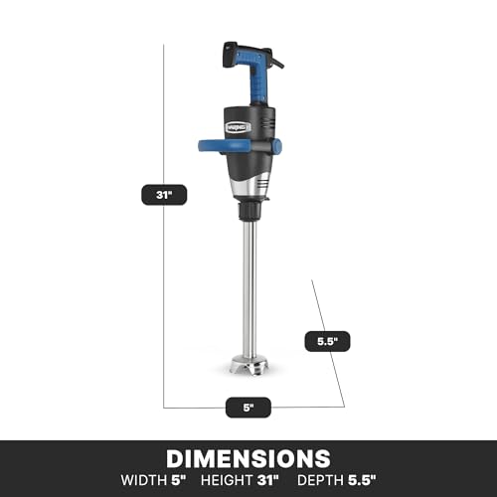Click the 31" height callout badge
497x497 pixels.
coord(164,195)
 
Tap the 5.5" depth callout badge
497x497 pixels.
coord(327,341)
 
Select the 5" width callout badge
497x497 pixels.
coord(248,408)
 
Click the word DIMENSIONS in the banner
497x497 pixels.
coord(248,459)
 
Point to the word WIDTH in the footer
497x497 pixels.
coord(144,480)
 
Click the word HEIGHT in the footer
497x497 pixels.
coord(227,480)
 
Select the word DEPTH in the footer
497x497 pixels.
coord(321,480)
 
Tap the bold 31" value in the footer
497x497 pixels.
coord(268,480)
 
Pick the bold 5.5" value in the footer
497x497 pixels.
coord(362,480)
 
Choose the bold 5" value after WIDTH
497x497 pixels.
coord(179,480)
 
